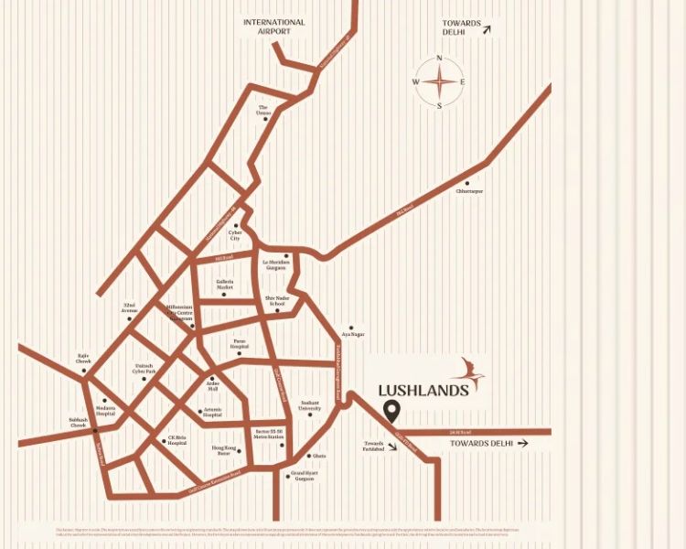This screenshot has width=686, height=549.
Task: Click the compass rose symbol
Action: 439,81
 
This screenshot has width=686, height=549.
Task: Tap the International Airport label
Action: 274,27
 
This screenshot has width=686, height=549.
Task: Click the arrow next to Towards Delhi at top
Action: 487,30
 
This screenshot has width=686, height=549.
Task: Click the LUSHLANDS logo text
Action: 423,391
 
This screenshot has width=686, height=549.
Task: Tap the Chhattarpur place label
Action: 470,191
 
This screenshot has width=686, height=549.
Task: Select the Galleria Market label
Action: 225,285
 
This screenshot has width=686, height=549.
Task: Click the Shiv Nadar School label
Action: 276,301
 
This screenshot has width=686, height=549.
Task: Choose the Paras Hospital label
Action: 240,344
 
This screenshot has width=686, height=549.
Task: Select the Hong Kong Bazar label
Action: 224,450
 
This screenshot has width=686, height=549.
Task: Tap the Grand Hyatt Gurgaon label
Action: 303,476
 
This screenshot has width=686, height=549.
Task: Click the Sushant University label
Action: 310,404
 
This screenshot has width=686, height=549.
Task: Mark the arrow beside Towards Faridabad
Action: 392,447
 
